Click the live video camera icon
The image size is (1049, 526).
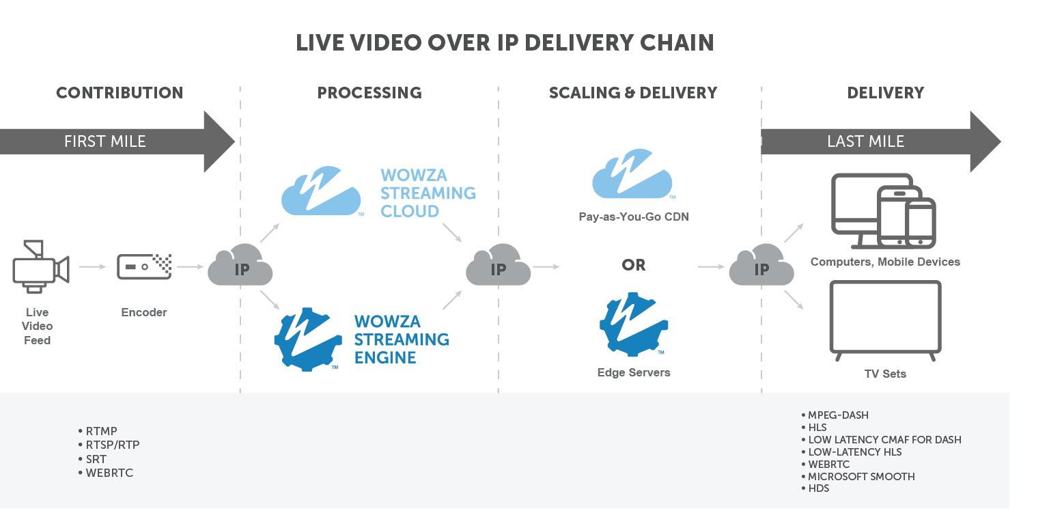40,266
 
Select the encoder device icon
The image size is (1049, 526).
144,266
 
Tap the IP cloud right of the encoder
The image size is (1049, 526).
240,266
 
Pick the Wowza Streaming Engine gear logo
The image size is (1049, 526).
308,339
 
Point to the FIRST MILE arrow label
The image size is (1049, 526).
105,141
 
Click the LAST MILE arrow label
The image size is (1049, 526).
865,141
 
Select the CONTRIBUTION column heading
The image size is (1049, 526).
120,93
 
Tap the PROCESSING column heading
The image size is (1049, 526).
369,93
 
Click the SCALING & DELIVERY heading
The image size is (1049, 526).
633,93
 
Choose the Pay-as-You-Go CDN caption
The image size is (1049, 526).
633,217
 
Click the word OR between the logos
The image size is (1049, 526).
634,265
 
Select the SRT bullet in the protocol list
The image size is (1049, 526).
96,459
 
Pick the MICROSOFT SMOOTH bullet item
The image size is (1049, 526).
861,476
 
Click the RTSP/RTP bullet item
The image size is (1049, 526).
113,445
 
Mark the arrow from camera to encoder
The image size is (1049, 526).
93,266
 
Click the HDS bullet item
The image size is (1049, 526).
818,488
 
